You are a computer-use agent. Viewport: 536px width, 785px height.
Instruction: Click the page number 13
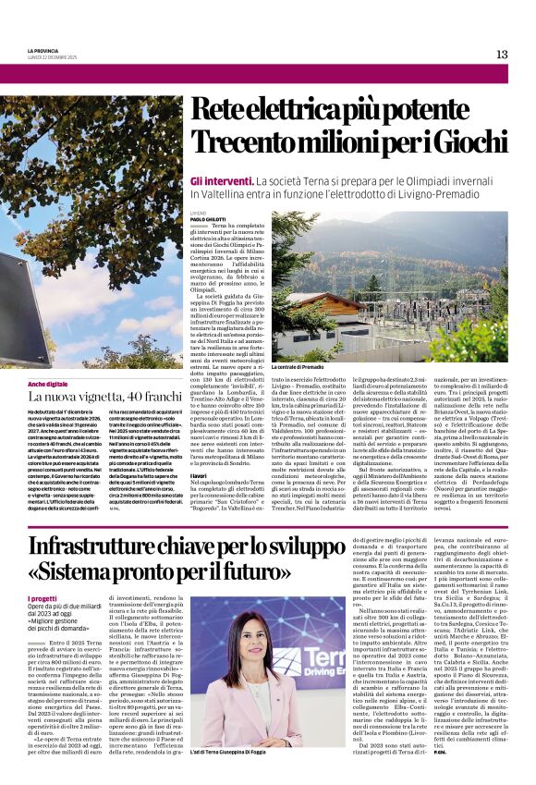[x=502, y=55]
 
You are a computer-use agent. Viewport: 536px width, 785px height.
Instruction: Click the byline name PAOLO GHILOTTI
[x=210, y=218]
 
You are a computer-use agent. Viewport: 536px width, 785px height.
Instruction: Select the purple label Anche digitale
[x=47, y=383]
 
